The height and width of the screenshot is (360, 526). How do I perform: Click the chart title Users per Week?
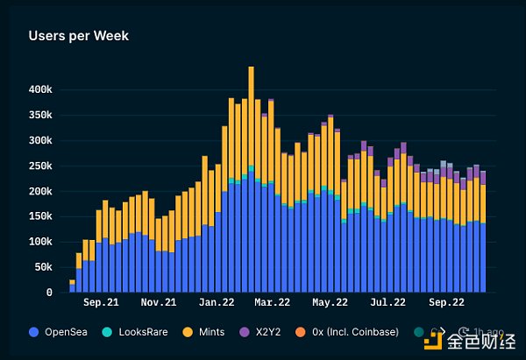79,36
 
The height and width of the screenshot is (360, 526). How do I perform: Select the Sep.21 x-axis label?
101,303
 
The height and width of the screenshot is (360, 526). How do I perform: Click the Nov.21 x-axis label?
158,303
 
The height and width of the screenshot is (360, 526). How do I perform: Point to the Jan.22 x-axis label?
215,303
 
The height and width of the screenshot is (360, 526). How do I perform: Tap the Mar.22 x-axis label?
272,303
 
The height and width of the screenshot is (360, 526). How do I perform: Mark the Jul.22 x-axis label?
387,303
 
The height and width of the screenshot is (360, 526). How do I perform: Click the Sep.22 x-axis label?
445,303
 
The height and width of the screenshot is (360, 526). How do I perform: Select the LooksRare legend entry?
139,332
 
